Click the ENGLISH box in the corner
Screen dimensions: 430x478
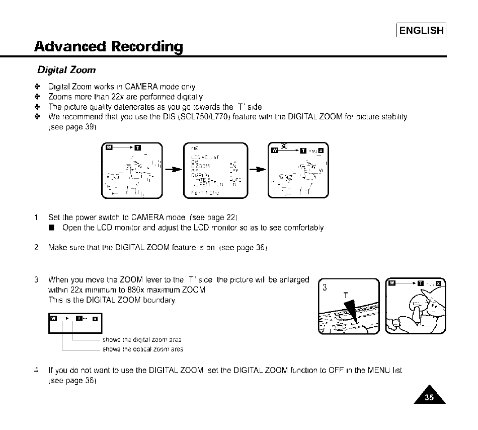coord(422,30)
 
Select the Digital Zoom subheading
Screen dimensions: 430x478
coord(66,69)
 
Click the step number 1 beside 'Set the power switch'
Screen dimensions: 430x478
coord(37,218)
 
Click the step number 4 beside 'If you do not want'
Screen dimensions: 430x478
coord(37,370)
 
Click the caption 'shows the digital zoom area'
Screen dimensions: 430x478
coord(142,340)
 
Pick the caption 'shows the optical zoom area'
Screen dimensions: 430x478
coord(143,349)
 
